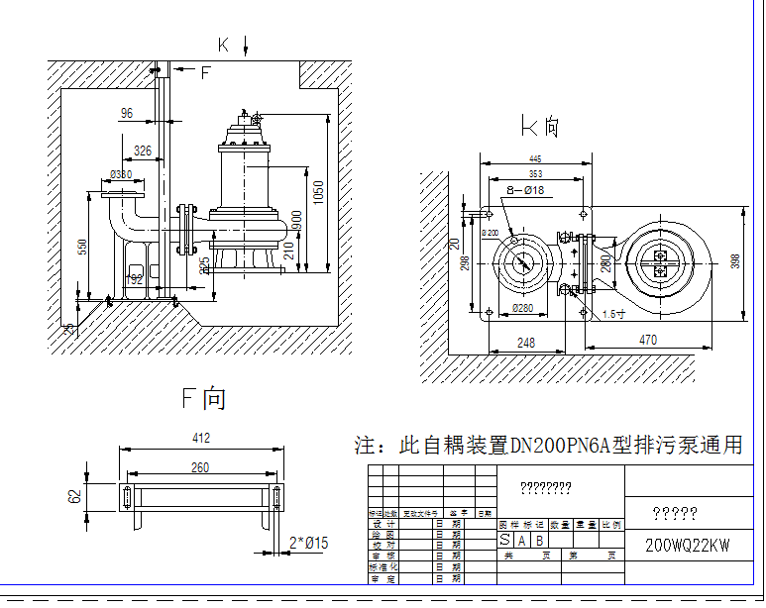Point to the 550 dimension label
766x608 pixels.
(82, 246)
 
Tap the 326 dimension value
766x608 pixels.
(143, 152)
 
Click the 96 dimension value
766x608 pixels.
(126, 114)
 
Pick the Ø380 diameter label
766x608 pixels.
(121, 175)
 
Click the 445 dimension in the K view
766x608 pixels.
(535, 158)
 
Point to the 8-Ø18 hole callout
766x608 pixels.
(524, 188)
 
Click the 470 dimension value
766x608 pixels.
(648, 340)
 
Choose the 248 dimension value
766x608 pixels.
(525, 343)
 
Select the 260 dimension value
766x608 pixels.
(200, 467)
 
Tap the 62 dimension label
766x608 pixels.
(74, 495)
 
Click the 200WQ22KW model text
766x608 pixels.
(687, 546)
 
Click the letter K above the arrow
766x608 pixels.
(224, 44)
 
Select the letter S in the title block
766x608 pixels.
(505, 540)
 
